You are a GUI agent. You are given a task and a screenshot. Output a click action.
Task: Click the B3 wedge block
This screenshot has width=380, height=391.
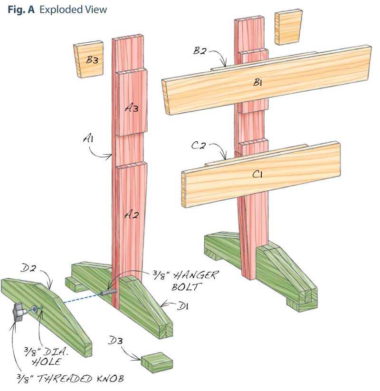pyautogui.click(x=89, y=59)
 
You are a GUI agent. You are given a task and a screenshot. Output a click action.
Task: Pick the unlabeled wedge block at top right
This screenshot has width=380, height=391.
pyautogui.click(x=288, y=27)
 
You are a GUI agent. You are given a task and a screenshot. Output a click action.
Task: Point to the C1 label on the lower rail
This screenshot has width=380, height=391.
pyautogui.click(x=258, y=175)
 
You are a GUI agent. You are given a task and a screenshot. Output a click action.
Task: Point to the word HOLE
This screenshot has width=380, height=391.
pyautogui.click(x=51, y=361)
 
